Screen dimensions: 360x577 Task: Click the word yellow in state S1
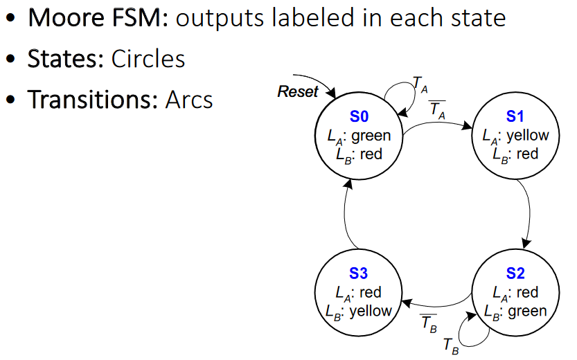coord(527,136)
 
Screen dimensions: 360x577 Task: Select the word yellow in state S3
coord(371,312)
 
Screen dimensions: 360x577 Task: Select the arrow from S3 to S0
coord(344,215)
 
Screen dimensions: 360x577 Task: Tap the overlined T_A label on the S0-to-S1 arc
coord(438,109)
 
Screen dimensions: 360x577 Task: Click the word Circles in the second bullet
coord(148,59)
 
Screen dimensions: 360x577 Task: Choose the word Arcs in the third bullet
coord(188,100)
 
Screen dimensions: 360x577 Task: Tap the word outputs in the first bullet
coord(224,18)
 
